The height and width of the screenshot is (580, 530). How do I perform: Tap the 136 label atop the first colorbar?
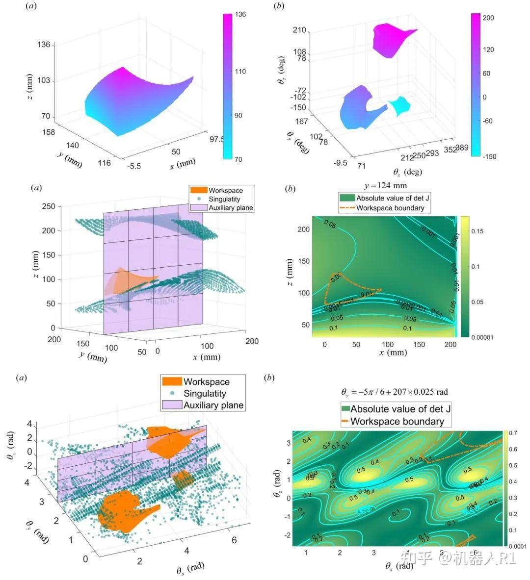(x=240, y=15)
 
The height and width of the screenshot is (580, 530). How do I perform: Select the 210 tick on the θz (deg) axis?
(x=299, y=30)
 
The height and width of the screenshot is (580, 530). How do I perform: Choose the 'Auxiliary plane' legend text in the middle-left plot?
(x=231, y=208)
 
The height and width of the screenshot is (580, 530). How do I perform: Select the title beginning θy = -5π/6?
(x=394, y=392)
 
